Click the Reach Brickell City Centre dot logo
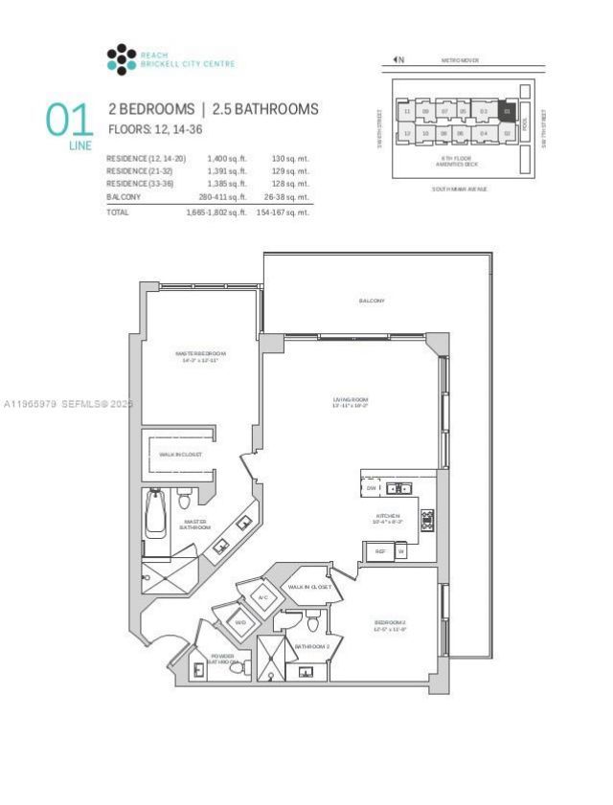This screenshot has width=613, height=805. coord(121,59)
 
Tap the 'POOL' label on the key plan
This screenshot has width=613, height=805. coord(525,124)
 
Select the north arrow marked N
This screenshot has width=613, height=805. coord(398,60)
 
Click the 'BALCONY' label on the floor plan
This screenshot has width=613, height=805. coord(372,301)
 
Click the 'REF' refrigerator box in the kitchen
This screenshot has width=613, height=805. coord(379,551)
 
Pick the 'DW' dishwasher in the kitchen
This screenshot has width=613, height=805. coord(372,488)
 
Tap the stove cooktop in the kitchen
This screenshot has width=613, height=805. coord(426,520)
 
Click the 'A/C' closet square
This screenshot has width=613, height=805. coord(263,598)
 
